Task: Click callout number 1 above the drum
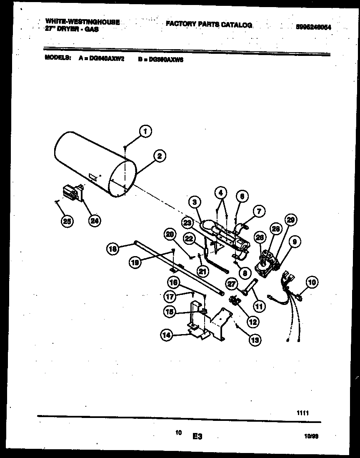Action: [145, 131]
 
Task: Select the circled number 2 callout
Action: [159, 156]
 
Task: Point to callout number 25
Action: [66, 221]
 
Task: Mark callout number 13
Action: [255, 340]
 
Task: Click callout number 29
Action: [290, 220]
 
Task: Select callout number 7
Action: [259, 212]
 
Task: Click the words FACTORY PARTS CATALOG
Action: [209, 25]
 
